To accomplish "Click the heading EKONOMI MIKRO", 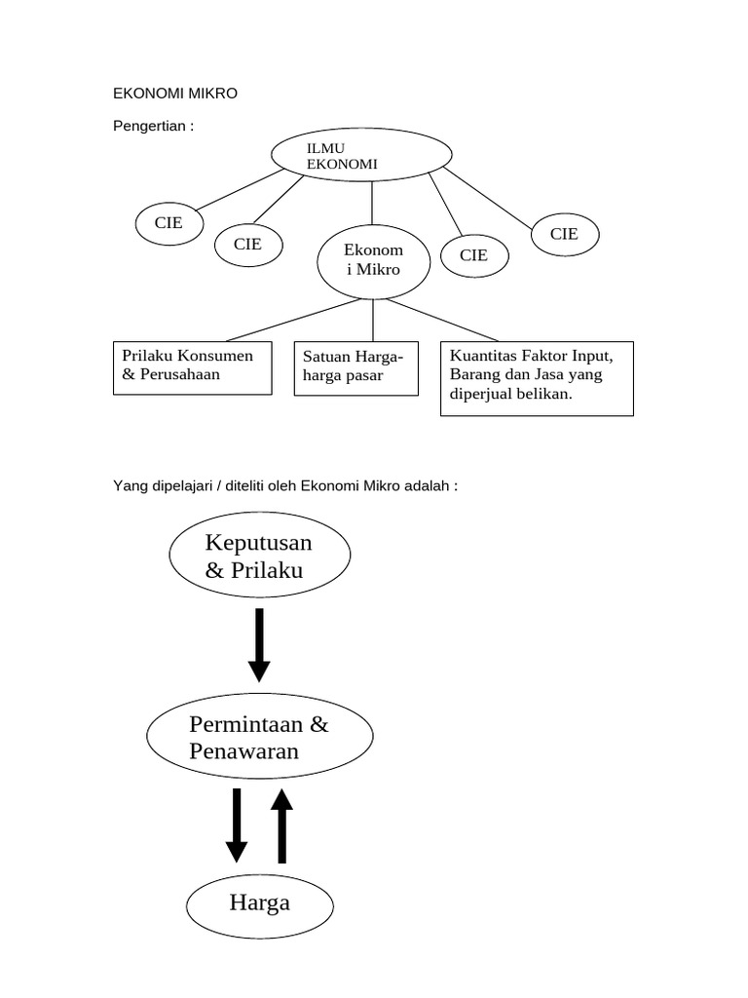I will pyautogui.click(x=175, y=94).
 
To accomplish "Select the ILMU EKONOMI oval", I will pyautogui.click(x=360, y=156).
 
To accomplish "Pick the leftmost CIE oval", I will pyautogui.click(x=168, y=222).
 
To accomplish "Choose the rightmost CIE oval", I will pyautogui.click(x=564, y=234).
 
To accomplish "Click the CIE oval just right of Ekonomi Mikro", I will pyautogui.click(x=473, y=255).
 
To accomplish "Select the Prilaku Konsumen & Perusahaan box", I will pyautogui.click(x=192, y=366).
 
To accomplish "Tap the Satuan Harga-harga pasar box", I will pyautogui.click(x=355, y=366).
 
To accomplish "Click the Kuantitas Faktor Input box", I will pyautogui.click(x=537, y=378).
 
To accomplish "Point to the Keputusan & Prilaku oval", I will pyautogui.click(x=260, y=557).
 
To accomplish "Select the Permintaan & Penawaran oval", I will pyautogui.click(x=259, y=738).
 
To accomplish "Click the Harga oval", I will pyautogui.click(x=260, y=903).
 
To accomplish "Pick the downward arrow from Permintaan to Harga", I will pyautogui.click(x=236, y=825).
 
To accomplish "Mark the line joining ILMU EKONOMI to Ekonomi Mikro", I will pyautogui.click(x=371, y=206).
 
